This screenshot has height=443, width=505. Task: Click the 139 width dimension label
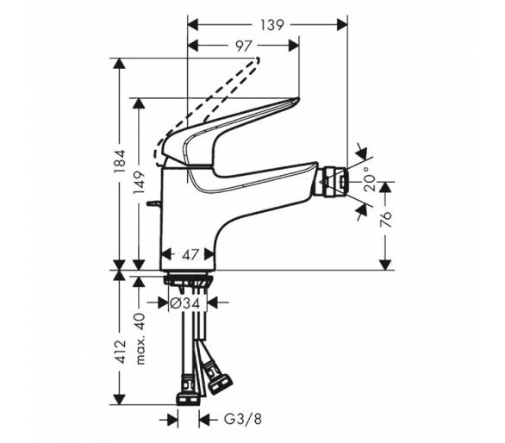pyautogui.click(x=272, y=25)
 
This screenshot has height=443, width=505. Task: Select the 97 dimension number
pyautogui.click(x=243, y=46)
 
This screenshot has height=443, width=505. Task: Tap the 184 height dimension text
pyautogui.click(x=120, y=161)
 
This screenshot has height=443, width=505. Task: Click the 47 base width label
pyautogui.click(x=190, y=255)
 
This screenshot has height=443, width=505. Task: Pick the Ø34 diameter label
pyautogui.click(x=185, y=303)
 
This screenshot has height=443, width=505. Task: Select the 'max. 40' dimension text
pyautogui.click(x=140, y=339)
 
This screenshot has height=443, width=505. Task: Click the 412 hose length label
pyautogui.click(x=120, y=352)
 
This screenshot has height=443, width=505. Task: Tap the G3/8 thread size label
pyautogui.click(x=243, y=420)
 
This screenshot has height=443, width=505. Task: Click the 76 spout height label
pyautogui.click(x=385, y=220)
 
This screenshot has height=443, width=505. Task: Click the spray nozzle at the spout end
pyautogui.click(x=334, y=181)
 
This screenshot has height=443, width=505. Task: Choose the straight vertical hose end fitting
pyautogui.click(x=188, y=390)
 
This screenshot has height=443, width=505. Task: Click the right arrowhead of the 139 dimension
pyautogui.click(x=342, y=25)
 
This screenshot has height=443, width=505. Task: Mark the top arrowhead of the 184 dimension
pyautogui.click(x=120, y=63)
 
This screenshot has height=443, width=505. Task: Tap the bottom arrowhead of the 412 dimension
pyautogui.click(x=120, y=399)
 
